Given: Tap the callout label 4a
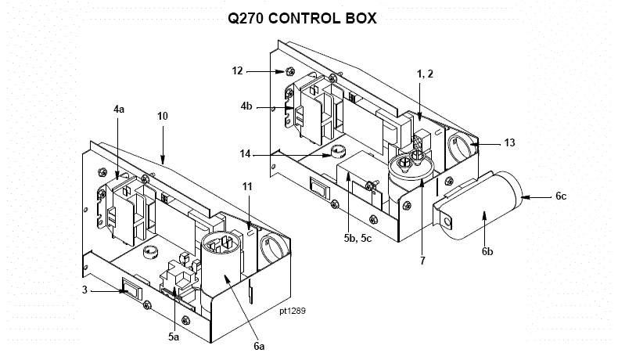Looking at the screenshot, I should coord(119,110).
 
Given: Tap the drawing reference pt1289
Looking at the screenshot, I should coord(292,311).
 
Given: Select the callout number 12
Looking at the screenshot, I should coord(238,70).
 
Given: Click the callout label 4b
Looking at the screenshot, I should coord(246,106).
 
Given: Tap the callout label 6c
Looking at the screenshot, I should coord(561,196).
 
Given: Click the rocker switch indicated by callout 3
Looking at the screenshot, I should coord(129,290).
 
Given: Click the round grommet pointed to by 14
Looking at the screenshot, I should coord(337,152).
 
